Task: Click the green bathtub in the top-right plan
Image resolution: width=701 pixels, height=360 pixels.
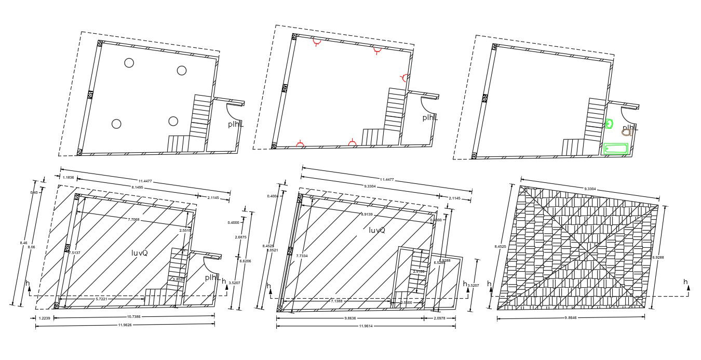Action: [x=615, y=149]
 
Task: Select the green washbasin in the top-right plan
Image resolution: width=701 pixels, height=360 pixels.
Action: [x=609, y=124]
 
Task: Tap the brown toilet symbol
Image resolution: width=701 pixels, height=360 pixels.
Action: [x=626, y=132]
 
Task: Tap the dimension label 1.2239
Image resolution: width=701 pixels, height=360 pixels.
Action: [x=44, y=316]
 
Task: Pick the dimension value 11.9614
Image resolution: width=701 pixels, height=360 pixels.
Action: [x=366, y=325]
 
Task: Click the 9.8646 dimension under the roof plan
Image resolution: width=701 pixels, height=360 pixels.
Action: [x=571, y=317]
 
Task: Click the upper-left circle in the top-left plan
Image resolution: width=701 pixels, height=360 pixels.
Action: [x=129, y=63]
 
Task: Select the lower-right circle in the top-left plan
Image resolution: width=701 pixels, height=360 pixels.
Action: [x=173, y=121]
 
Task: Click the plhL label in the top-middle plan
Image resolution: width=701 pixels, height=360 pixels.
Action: [x=430, y=117]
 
